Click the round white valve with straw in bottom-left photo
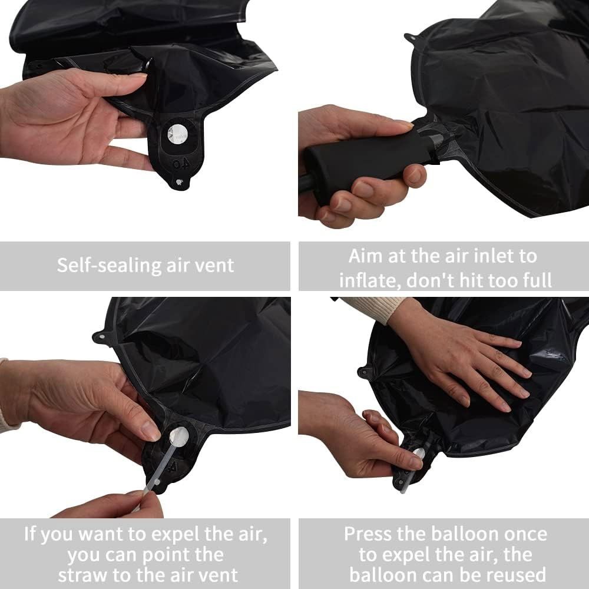[178, 437]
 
